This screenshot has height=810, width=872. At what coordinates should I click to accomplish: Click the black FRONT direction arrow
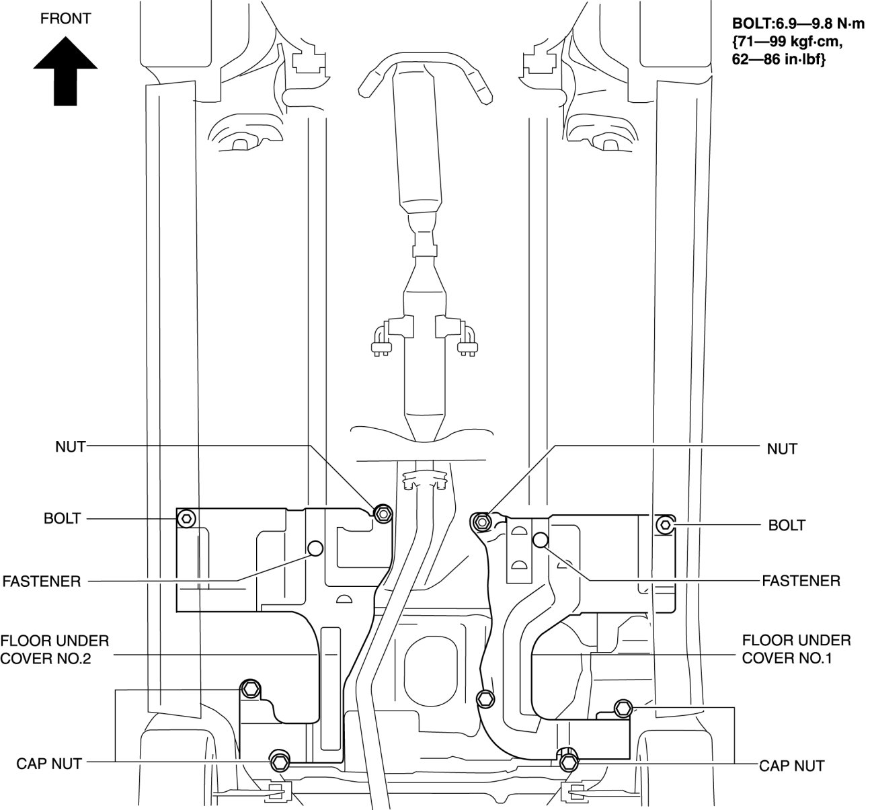click(x=65, y=71)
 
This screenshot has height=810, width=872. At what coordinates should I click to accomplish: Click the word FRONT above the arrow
click(x=65, y=19)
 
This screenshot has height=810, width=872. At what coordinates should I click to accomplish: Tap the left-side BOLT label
click(x=63, y=518)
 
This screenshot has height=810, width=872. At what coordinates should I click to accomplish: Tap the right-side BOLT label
click(x=787, y=526)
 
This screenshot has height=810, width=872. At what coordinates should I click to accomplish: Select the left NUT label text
click(x=70, y=447)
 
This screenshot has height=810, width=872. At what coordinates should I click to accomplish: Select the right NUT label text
click(x=782, y=449)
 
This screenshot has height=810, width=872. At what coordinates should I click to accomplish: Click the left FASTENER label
click(x=42, y=581)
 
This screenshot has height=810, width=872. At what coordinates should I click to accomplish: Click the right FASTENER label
click(x=801, y=581)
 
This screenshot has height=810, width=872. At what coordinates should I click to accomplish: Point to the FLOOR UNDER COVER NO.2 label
click(x=54, y=650)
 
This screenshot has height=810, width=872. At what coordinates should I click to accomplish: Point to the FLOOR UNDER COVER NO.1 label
click(x=797, y=649)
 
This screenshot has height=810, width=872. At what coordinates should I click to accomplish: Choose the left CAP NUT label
click(x=49, y=764)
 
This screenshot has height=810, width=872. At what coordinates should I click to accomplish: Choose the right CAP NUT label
click(x=791, y=766)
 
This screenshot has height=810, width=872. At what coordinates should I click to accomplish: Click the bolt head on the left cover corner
click(x=187, y=519)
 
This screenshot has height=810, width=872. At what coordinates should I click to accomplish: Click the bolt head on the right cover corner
click(x=665, y=524)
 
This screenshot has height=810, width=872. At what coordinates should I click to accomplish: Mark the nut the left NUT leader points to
click(x=384, y=513)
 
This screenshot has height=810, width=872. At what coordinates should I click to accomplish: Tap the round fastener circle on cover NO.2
click(x=315, y=549)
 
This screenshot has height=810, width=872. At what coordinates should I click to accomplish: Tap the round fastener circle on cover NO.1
click(x=541, y=540)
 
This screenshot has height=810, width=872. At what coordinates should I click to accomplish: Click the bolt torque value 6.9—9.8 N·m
click(x=798, y=24)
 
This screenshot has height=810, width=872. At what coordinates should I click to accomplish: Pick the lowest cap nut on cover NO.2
click(x=280, y=762)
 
